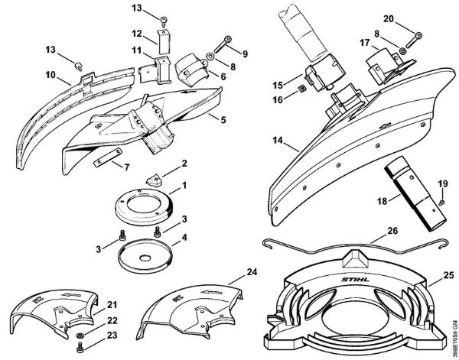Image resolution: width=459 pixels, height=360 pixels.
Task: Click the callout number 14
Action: (275, 141)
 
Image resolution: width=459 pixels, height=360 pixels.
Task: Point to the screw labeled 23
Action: (86, 349)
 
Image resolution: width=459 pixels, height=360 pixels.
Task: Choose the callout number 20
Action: (410, 18)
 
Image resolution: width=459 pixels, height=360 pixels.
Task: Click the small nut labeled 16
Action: (303, 89)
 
